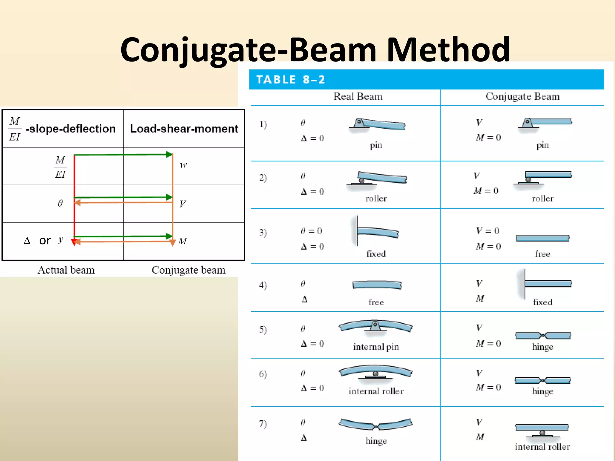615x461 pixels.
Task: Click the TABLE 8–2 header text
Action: click(290, 80)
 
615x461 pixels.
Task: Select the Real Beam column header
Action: click(358, 96)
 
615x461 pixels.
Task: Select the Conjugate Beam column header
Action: click(523, 96)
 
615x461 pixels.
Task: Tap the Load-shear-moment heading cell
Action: click(184, 128)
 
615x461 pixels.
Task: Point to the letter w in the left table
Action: click(183, 165)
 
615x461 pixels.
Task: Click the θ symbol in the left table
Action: click(60, 203)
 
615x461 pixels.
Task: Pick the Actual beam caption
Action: click(66, 270)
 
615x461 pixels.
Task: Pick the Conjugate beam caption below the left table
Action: click(188, 270)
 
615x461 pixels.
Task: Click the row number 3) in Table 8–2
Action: click(263, 232)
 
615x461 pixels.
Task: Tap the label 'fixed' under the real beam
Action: click(376, 254)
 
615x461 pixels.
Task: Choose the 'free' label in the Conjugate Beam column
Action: click(542, 254)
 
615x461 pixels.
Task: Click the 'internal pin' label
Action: click(376, 347)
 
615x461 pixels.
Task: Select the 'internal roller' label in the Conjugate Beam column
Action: click(542, 447)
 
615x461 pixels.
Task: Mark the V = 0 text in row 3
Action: click(487, 230)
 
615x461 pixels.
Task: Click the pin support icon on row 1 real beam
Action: click(359, 123)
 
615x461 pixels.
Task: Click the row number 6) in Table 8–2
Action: click(263, 374)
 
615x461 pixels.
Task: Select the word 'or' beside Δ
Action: click(45, 240)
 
